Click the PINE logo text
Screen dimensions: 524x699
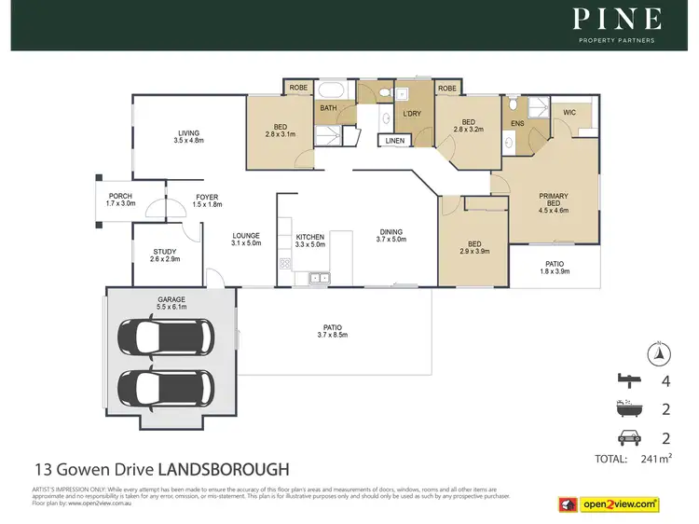[x=617, y=19]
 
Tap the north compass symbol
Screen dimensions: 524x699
[x=659, y=352]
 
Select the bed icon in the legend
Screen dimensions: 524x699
[x=628, y=379]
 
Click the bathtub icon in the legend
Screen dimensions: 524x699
[x=628, y=408]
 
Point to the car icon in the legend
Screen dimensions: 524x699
[x=628, y=435]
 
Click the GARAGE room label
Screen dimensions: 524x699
[x=171, y=300]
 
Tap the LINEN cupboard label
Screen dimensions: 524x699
[x=395, y=142]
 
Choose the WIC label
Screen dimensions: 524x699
[x=569, y=113]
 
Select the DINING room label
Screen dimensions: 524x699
[x=391, y=232]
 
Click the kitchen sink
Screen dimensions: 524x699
[x=315, y=277]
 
